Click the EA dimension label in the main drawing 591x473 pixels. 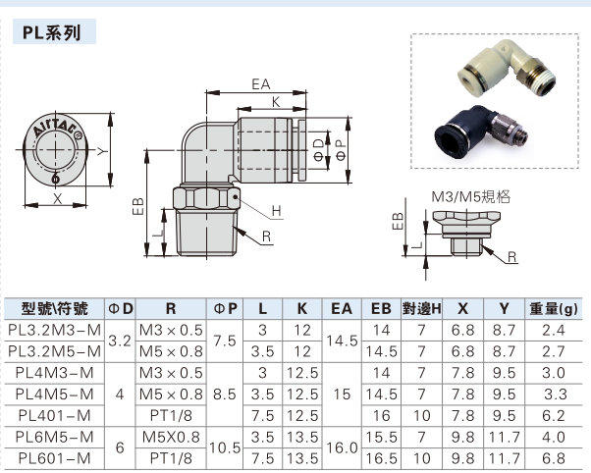click(x=260, y=84)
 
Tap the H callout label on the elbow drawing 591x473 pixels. click(x=277, y=211)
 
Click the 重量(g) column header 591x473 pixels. click(x=554, y=307)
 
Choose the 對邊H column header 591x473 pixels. click(x=421, y=307)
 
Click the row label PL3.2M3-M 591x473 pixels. click(x=54, y=330)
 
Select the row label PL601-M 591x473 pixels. click(x=54, y=457)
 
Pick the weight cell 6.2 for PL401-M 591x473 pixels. click(x=554, y=415)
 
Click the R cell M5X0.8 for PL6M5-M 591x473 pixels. click(x=171, y=436)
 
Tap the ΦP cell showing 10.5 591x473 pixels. click(x=226, y=447)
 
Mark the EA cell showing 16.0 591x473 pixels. click(x=342, y=447)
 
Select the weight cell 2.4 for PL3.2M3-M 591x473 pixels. click(x=554, y=330)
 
